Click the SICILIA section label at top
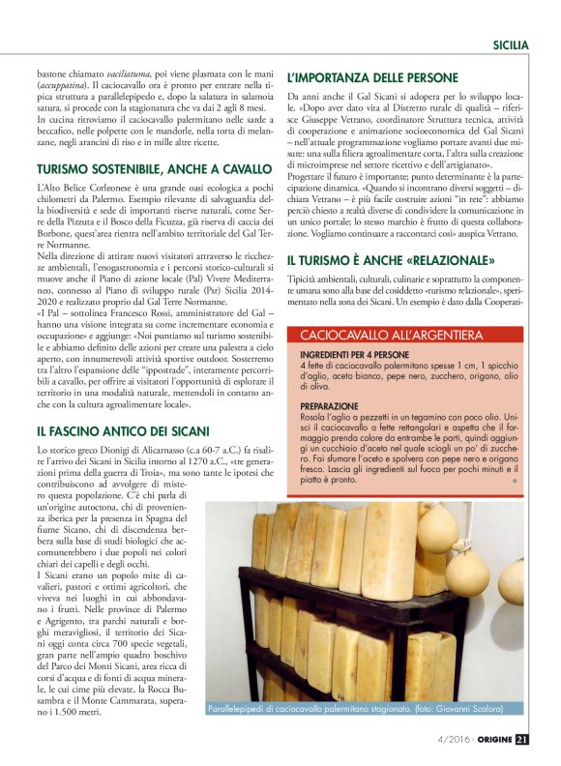510,44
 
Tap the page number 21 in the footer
521,741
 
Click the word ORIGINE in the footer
490,741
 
